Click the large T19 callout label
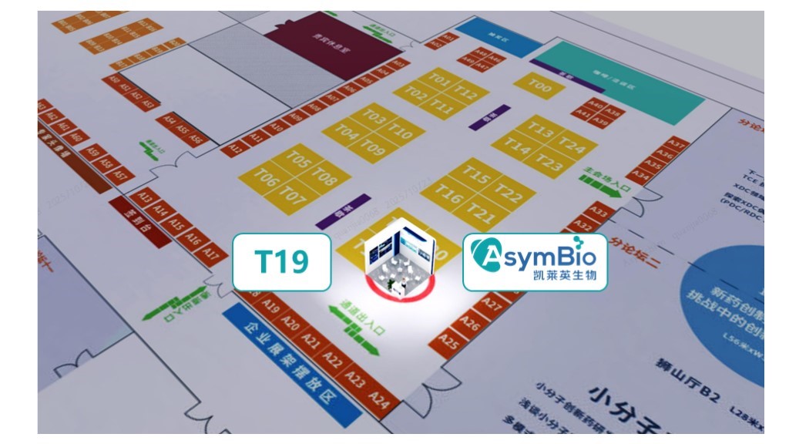[282, 262]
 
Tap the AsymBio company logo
[535, 262]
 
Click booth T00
[542, 88]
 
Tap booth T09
[372, 146]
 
